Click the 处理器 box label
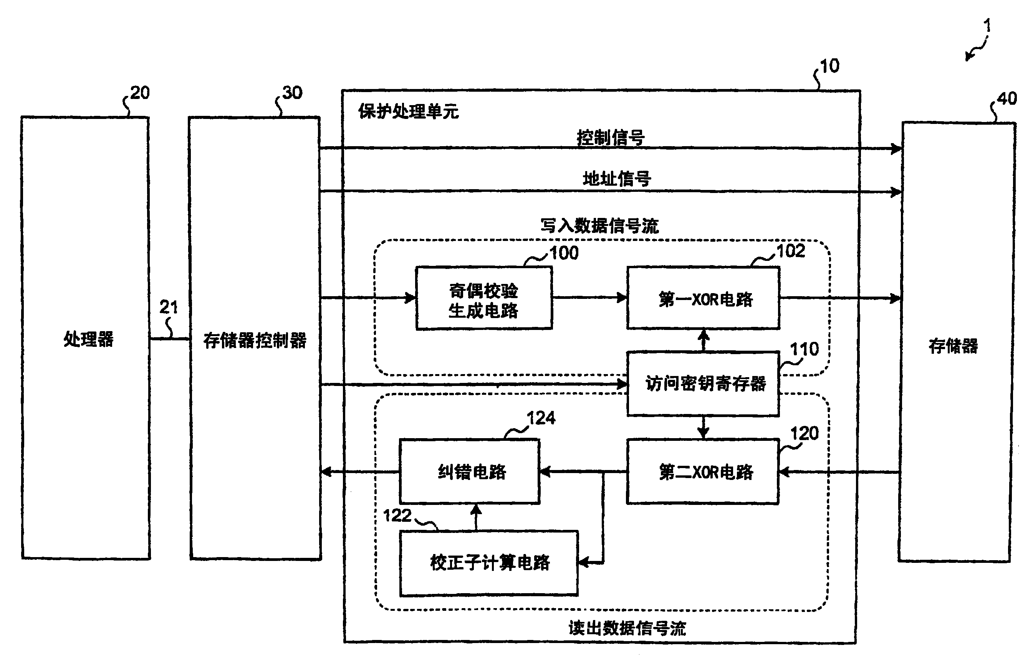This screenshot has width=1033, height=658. tap(88, 340)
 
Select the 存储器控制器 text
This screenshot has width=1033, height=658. tap(255, 341)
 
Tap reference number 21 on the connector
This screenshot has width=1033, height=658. tap(168, 307)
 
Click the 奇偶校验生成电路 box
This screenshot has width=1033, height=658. tap(483, 299)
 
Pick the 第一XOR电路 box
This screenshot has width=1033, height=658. tap(704, 299)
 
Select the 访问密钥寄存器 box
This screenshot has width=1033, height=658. tap(704, 384)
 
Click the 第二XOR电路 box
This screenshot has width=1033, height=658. tap(704, 472)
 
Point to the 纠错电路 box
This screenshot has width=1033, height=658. tap(470, 472)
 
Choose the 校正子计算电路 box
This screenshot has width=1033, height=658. tap(489, 563)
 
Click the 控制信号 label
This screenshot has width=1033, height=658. tap(610, 138)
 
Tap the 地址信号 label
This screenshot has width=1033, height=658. tap(616, 179)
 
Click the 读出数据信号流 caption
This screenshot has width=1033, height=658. tap(627, 628)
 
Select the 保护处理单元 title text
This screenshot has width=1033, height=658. tap(408, 111)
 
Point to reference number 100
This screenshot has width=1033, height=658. tap(564, 253)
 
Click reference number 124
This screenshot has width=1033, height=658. tap(541, 418)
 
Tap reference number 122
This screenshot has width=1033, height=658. tap(397, 515)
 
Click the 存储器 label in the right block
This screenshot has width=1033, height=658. tap(953, 346)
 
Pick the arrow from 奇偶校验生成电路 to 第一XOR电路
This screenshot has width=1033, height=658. tap(589, 297)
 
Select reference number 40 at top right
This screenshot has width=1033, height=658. tap(1007, 99)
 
